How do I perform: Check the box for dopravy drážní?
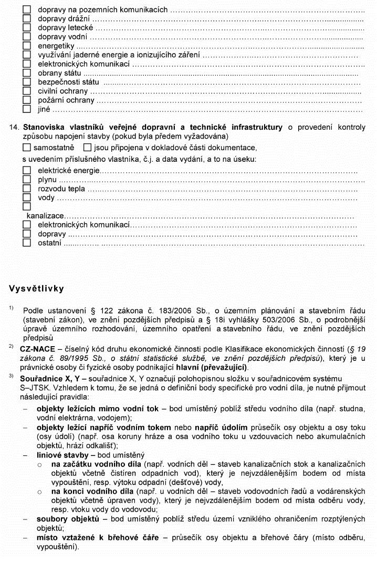[x=27, y=18]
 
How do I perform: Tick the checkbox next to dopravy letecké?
[x=27, y=27]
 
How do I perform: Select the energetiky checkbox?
[x=27, y=46]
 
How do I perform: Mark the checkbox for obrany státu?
[x=27, y=73]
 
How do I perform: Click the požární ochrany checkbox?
[x=27, y=100]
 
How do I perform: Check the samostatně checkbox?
[x=27, y=148]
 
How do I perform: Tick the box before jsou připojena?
[x=87, y=148]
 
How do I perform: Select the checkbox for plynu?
[x=27, y=180]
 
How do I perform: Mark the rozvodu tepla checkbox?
[x=27, y=189]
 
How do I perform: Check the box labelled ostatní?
[x=27, y=243]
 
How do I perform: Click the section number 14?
[x=14, y=128]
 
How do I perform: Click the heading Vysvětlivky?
[x=36, y=288]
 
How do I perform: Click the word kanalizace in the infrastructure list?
[x=45, y=216]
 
